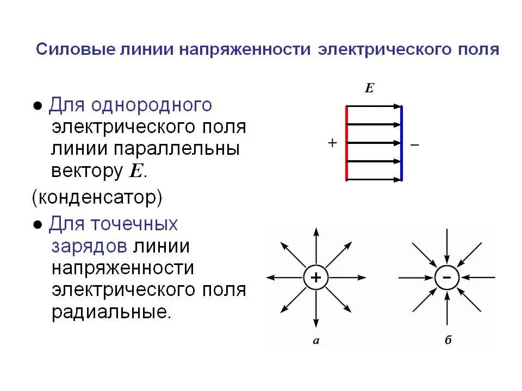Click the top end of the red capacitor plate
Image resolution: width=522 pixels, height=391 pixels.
[x=346, y=106]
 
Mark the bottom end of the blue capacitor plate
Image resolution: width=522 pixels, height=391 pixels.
[x=401, y=181]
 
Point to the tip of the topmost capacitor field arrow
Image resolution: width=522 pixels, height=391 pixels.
[x=401, y=106]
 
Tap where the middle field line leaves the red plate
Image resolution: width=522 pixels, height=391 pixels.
[x=347, y=143]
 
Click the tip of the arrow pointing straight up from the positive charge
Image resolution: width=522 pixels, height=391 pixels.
[x=316, y=228]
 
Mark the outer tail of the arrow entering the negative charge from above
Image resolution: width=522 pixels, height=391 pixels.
[x=447, y=229]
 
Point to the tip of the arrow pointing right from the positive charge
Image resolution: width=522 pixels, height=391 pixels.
[x=366, y=278]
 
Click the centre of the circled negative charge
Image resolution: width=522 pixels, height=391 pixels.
[x=447, y=278]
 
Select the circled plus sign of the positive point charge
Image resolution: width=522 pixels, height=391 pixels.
[x=316, y=278]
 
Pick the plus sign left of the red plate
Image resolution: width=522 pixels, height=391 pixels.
[x=332, y=143]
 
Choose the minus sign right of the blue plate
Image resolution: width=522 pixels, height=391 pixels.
[x=414, y=144]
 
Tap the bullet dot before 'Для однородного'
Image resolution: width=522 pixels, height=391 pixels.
[x=38, y=106]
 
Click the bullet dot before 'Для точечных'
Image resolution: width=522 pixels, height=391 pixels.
[x=38, y=225]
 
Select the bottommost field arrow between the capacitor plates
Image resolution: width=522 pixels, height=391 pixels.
[x=374, y=180]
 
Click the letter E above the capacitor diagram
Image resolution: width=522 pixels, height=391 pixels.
[x=369, y=88]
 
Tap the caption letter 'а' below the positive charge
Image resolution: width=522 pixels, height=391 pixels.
[x=316, y=341]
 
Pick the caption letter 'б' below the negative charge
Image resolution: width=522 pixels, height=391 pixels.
[x=448, y=340]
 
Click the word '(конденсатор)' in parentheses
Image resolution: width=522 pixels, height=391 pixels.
[x=97, y=198]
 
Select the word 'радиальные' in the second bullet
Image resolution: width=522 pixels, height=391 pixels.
[x=111, y=312]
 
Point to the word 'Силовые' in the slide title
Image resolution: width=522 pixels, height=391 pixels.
[x=76, y=49]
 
